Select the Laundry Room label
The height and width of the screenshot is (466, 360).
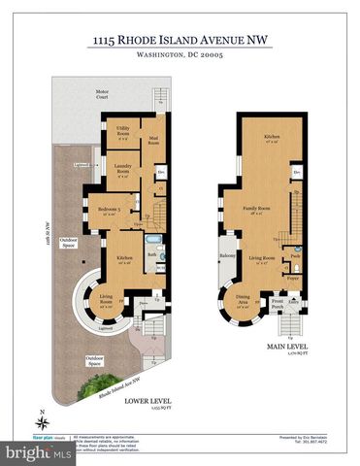(x=122, y=171)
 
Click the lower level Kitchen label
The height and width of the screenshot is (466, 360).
(x=126, y=259)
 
